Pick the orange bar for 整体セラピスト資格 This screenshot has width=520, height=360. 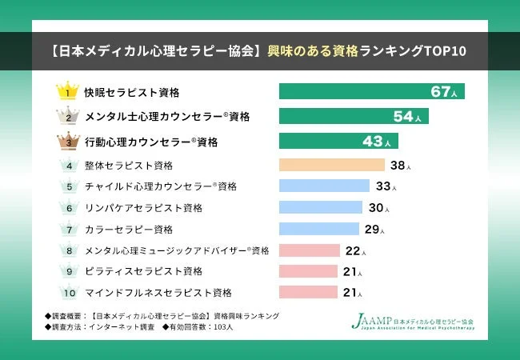pos(331,166)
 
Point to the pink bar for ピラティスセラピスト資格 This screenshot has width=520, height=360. pos(308,271)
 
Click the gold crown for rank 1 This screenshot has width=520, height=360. pos(69,90)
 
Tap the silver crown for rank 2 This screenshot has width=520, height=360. pos(69,116)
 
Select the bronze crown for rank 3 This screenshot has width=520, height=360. pos(69,141)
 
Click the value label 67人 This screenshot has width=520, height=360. pos(444,92)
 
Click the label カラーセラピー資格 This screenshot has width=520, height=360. pos(128,230)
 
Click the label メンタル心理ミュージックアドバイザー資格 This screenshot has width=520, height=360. pos(176,250)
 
